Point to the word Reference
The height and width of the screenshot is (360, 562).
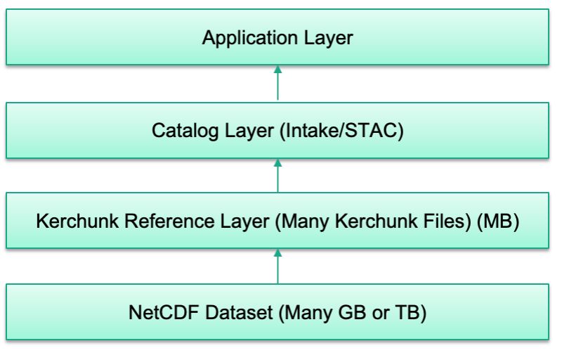point(159,223)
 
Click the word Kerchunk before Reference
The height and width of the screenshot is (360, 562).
point(70,223)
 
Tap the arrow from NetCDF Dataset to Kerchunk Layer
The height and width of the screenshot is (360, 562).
point(277,266)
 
